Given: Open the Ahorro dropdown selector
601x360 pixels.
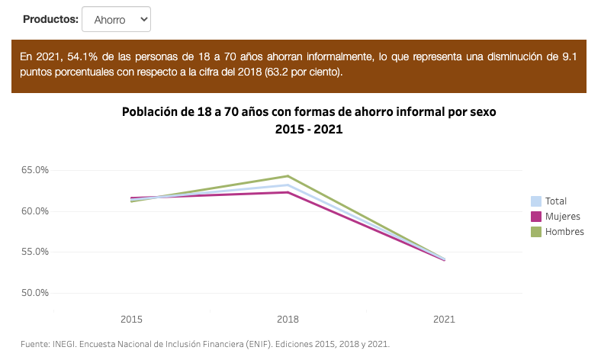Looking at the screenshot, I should [x=116, y=19].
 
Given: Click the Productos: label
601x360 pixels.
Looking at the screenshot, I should [x=50, y=19].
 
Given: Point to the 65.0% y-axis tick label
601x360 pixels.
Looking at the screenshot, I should [x=34, y=170].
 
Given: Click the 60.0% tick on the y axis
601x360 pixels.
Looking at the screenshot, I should [x=34, y=211].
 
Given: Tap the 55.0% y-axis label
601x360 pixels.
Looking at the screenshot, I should [x=34, y=252].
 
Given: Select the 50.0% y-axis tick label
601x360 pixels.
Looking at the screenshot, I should [x=34, y=293].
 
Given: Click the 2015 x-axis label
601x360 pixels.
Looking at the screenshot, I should [x=131, y=318].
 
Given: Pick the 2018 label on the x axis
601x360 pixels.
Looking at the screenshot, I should [x=288, y=318].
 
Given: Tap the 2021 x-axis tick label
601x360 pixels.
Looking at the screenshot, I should [x=445, y=318].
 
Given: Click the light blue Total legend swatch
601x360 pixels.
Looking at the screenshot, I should [x=536, y=201].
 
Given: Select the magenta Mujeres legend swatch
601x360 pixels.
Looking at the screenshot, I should [x=536, y=217].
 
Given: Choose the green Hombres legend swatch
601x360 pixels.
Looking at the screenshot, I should [x=536, y=231].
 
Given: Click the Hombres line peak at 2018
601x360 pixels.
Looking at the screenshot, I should [x=288, y=176].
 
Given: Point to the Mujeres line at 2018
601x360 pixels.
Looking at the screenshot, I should [x=288, y=192].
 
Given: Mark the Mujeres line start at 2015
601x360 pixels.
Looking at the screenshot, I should [x=131, y=198].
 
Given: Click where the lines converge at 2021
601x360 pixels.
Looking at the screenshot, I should [x=445, y=259].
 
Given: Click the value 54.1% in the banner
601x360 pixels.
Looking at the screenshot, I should [x=85, y=57].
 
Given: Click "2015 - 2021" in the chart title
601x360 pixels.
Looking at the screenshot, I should [x=309, y=130].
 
